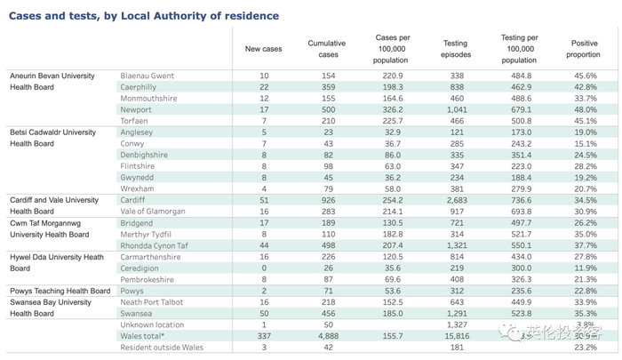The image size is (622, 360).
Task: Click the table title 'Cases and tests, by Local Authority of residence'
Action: click(x=143, y=16)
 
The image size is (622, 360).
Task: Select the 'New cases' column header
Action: click(x=263, y=49)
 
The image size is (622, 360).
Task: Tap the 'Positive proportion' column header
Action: click(x=584, y=49)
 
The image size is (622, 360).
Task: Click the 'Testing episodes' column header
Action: click(x=455, y=49)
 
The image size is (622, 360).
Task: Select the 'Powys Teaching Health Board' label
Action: click(x=60, y=291)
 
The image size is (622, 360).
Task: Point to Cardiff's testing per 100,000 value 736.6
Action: click(x=518, y=201)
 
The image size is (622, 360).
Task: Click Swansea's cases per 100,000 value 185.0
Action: click(x=392, y=314)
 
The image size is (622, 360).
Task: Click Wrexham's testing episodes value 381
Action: click(x=455, y=188)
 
